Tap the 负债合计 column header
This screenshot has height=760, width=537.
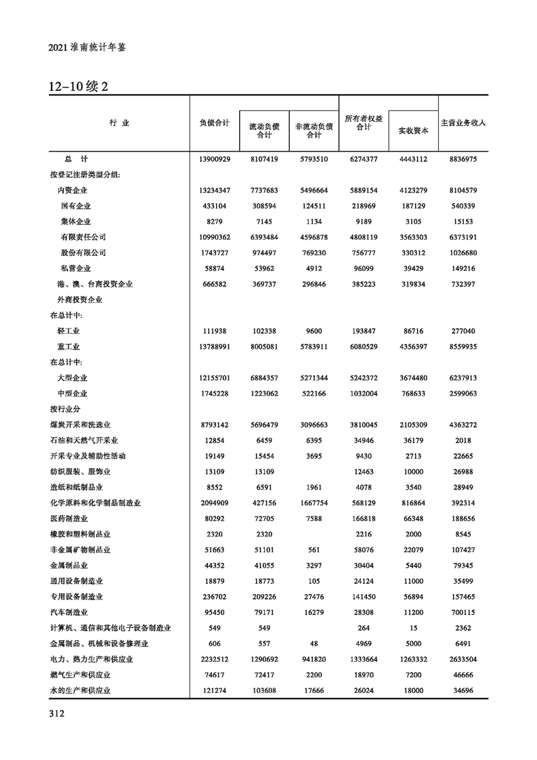(x=214, y=123)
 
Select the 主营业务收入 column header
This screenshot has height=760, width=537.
(x=464, y=123)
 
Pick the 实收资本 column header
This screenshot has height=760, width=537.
(x=413, y=131)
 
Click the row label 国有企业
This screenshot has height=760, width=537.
(x=76, y=206)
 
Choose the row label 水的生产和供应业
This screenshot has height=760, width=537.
(x=80, y=690)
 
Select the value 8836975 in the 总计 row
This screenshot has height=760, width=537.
(x=464, y=159)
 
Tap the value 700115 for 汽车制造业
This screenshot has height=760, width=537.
(x=464, y=612)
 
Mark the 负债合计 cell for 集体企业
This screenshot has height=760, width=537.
(x=215, y=221)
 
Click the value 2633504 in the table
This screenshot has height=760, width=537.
(x=464, y=659)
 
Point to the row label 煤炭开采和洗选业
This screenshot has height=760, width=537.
(x=80, y=425)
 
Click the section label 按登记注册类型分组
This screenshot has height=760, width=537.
(x=85, y=175)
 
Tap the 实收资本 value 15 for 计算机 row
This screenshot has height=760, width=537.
(x=413, y=628)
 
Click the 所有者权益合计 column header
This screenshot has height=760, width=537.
(x=364, y=123)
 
